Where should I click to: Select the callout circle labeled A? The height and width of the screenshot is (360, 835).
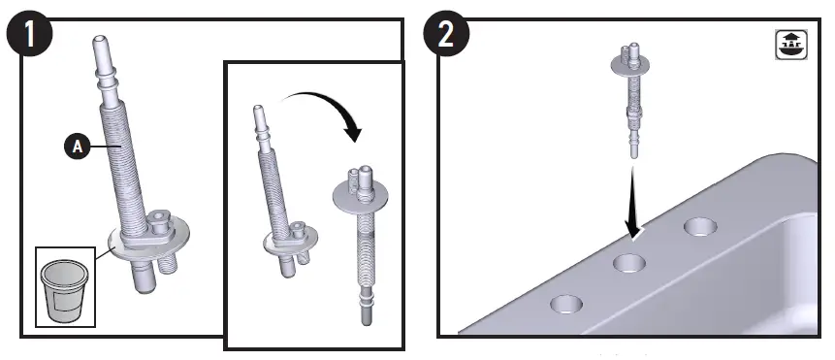(x=77, y=147)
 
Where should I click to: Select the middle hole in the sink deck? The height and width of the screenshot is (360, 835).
(x=628, y=263)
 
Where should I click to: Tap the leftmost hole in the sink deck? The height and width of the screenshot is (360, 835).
(x=565, y=305)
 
